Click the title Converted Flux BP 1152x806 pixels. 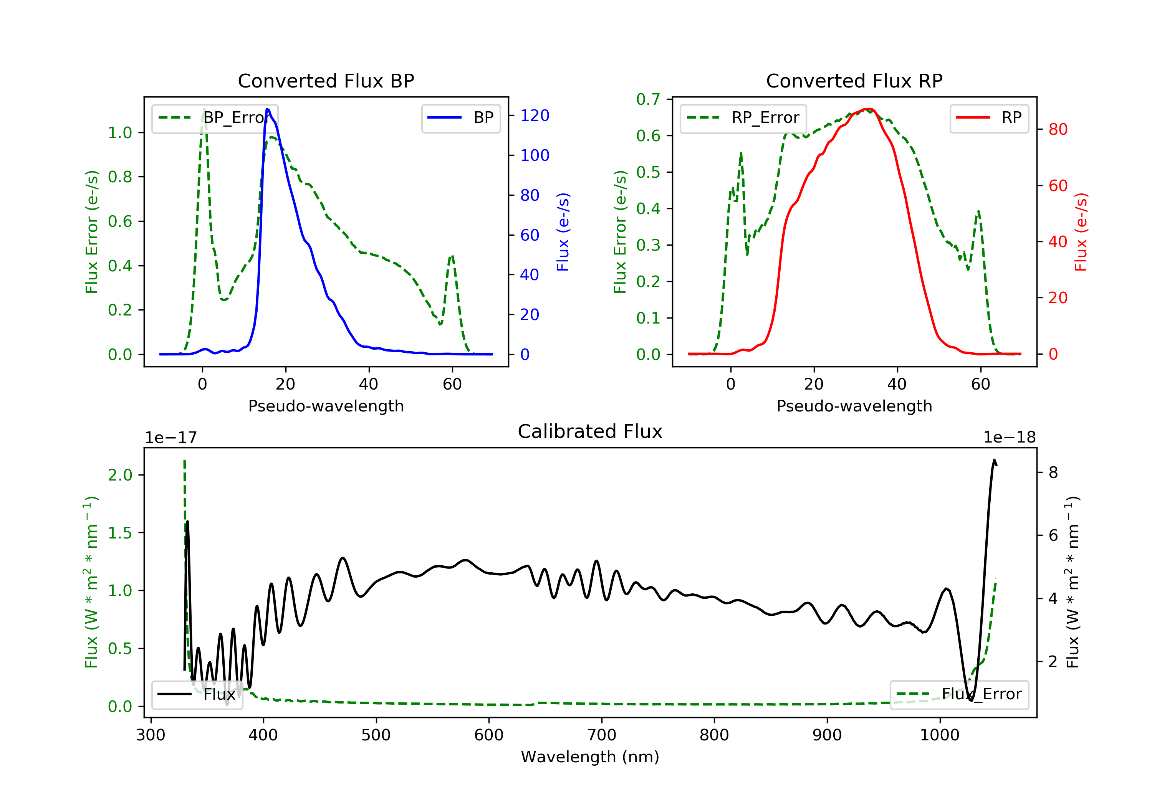point(326,81)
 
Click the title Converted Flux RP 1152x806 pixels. point(854,81)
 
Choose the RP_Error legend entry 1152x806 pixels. point(743,118)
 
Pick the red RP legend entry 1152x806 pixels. point(989,118)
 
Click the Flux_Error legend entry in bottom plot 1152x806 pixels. point(959,694)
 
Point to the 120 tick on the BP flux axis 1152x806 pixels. point(535,116)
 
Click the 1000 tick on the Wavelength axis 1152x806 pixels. point(939,735)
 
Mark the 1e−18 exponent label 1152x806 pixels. point(1010,438)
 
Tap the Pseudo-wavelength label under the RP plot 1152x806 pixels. point(854,406)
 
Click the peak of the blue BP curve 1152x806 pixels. point(267,109)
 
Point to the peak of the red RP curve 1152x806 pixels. point(869,109)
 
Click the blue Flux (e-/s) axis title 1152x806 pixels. point(563,232)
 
